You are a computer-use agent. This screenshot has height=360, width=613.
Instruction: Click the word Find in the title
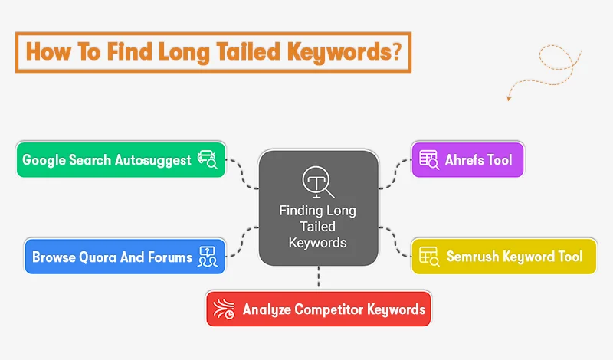click(124, 52)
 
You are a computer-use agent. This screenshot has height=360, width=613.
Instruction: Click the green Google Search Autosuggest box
click(121, 159)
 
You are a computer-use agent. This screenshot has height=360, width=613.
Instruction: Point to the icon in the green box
click(207, 159)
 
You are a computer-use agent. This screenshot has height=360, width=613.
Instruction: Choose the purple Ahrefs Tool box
click(467, 160)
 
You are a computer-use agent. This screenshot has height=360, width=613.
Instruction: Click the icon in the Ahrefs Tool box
click(428, 160)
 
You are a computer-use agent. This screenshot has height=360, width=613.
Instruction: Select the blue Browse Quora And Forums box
click(124, 257)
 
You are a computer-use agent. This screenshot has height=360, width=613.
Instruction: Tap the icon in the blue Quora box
click(207, 257)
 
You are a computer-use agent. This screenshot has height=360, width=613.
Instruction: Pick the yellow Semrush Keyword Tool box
click(503, 257)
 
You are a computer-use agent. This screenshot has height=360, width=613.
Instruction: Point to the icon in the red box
click(225, 309)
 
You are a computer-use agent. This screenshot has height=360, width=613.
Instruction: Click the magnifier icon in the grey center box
click(317, 183)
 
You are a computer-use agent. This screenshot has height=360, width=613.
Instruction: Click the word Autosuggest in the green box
click(153, 160)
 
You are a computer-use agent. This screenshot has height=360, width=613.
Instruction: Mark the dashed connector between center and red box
click(318, 277)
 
